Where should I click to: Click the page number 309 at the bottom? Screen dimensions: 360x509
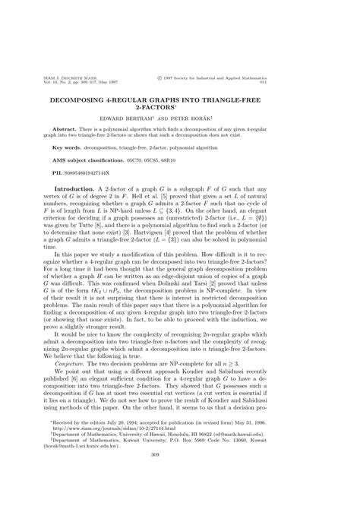180,476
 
